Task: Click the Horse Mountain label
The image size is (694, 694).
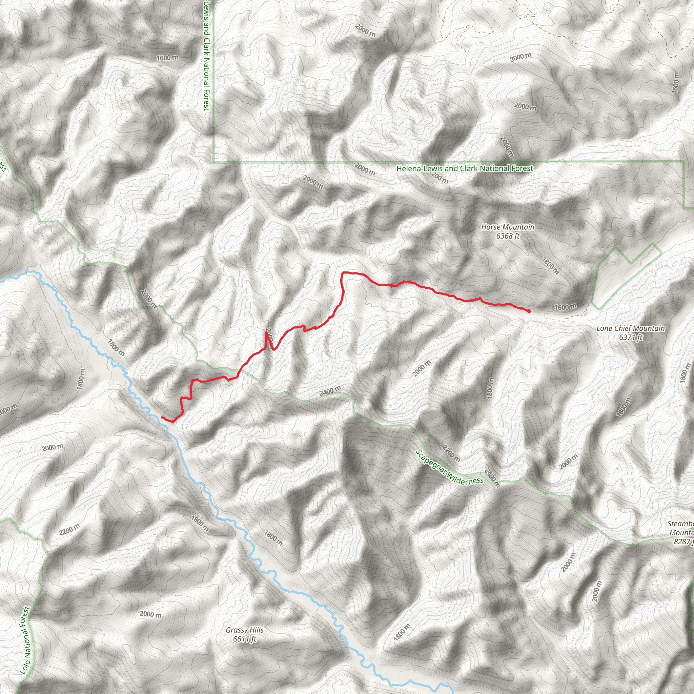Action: tap(508, 227)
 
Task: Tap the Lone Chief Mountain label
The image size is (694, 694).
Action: tap(630, 328)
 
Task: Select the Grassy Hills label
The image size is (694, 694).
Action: tap(245, 630)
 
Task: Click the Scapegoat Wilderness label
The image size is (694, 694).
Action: tap(449, 468)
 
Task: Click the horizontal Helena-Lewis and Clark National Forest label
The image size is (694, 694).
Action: tap(465, 168)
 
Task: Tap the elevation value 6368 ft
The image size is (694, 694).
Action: tap(508, 236)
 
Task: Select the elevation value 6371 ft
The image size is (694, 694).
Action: tap(630, 337)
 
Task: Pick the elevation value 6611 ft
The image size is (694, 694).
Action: tap(245, 639)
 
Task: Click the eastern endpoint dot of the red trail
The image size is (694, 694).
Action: tap(529, 311)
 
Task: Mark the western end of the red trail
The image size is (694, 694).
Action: tap(162, 417)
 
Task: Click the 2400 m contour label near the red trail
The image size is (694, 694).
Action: tap(330, 391)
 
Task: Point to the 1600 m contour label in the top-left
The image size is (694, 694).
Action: tap(167, 58)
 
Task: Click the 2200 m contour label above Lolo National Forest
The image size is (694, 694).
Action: tap(70, 530)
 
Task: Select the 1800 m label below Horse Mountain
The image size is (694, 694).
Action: tap(550, 265)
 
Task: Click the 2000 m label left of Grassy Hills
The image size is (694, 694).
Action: tap(150, 614)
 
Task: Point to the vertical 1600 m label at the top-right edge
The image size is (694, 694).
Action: tap(676, 83)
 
